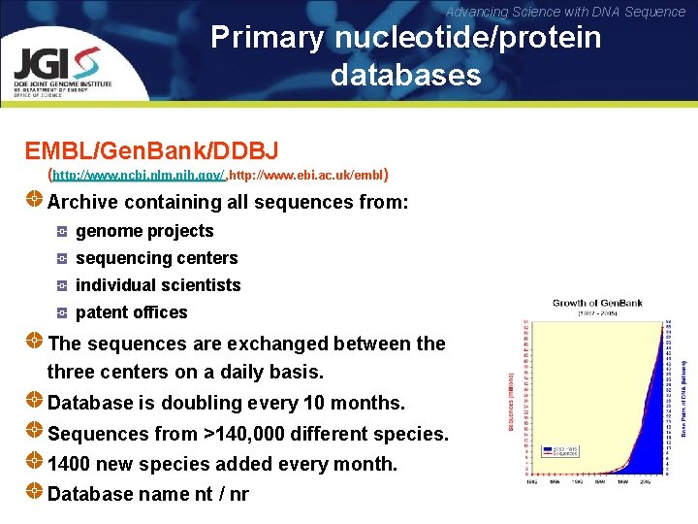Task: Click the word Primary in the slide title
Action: [269, 38]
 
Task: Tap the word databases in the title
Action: [405, 75]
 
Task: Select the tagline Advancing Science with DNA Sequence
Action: [565, 12]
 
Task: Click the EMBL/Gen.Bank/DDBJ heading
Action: [151, 150]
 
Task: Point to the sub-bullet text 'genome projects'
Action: [144, 231]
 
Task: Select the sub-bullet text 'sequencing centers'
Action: [156, 258]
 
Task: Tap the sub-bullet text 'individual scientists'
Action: [158, 285]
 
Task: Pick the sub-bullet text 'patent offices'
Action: [131, 312]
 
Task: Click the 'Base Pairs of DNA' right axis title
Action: [683, 388]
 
